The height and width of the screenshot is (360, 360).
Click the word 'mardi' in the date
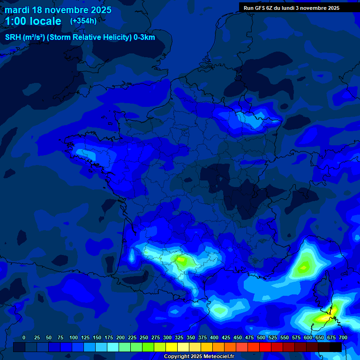click(x=17, y=10)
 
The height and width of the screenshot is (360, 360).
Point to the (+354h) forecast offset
click(x=83, y=21)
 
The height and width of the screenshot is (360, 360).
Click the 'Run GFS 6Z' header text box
click(x=291, y=8)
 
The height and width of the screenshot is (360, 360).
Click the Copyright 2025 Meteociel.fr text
click(x=199, y=356)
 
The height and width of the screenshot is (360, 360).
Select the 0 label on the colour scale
click(x=24, y=337)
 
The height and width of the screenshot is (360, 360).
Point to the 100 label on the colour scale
click(x=74, y=337)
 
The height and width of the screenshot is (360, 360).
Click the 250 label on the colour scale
click(x=144, y=337)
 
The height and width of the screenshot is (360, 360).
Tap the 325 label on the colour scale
click(x=179, y=337)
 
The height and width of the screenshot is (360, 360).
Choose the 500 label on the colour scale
click(x=261, y=337)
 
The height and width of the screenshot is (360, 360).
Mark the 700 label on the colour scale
click(x=343, y=337)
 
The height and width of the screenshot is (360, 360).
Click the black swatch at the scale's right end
click(x=336, y=347)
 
